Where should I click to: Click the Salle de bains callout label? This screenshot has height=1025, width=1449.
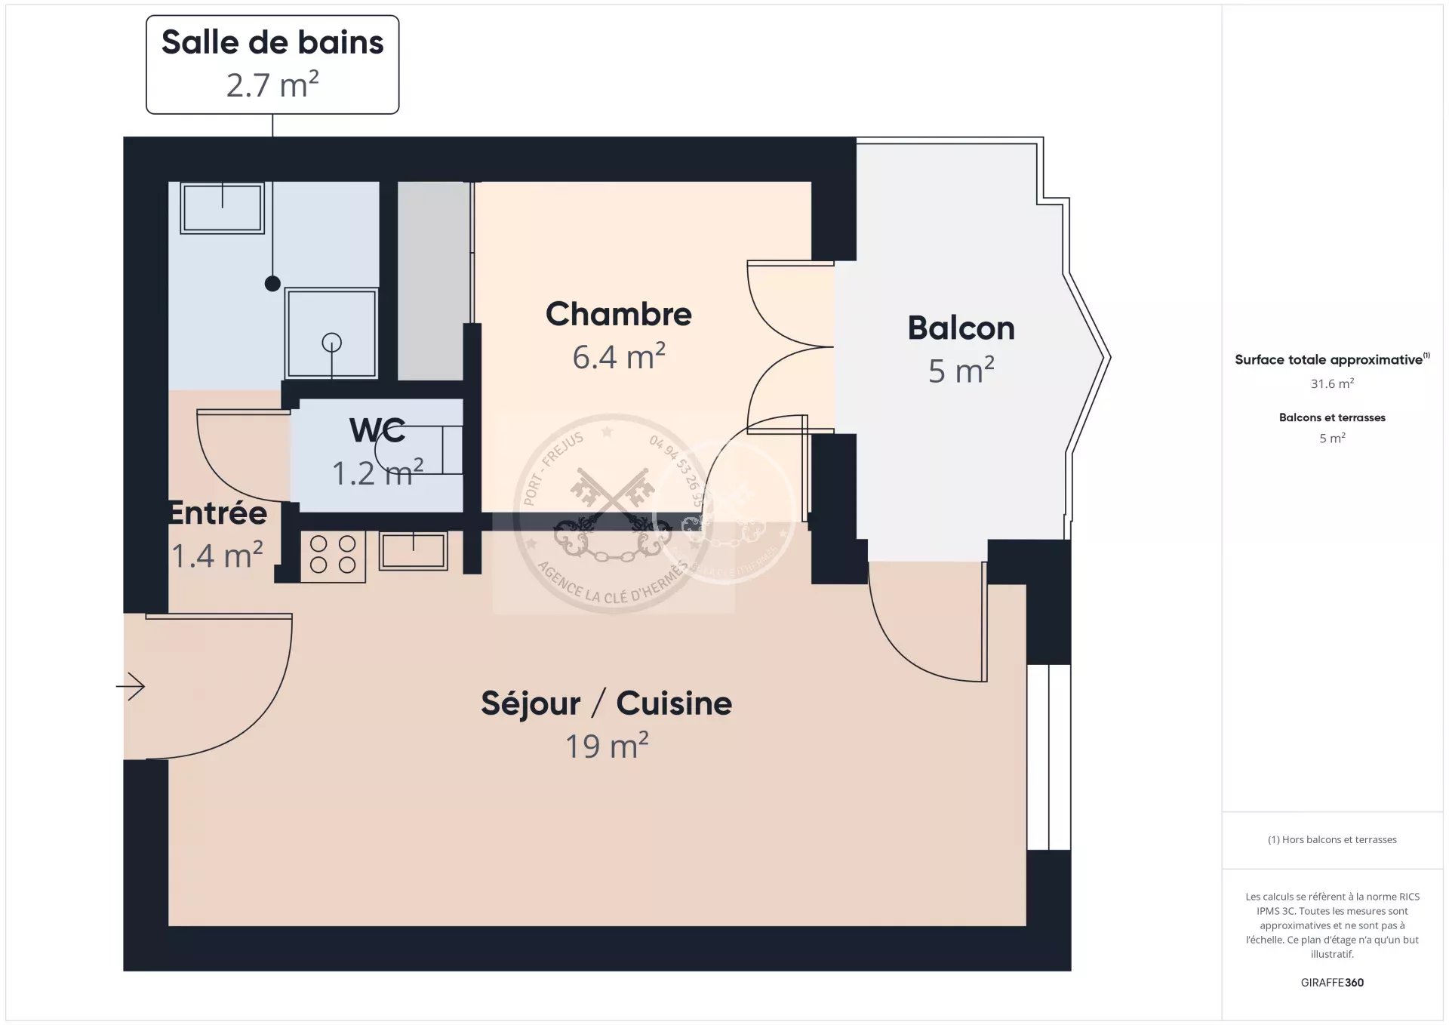[x=272, y=64]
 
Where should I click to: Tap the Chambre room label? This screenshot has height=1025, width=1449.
[x=618, y=314]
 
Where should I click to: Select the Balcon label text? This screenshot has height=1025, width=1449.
[x=961, y=328]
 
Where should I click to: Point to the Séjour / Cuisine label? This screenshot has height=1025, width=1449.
[x=606, y=703]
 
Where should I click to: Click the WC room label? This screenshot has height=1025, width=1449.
[x=377, y=430]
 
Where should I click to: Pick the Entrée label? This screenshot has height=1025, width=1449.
[x=217, y=513]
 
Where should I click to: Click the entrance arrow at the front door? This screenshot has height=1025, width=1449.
[x=130, y=686]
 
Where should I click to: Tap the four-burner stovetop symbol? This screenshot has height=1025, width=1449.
[x=333, y=556]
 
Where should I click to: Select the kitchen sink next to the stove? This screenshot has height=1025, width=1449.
[x=413, y=550]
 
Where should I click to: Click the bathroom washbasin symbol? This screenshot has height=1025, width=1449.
[x=222, y=208]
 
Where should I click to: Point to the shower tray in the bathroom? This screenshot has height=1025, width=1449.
[x=331, y=333]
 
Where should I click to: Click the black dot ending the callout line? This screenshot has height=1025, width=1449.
[x=272, y=284]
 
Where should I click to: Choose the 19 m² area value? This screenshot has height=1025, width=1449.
[x=607, y=745]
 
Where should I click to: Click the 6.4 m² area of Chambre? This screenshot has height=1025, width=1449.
[x=618, y=357]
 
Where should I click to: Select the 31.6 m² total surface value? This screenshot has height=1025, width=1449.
[x=1332, y=383]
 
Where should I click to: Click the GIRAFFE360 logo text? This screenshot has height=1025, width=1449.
[x=1332, y=982]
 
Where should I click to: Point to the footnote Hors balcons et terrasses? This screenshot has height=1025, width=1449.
[x=1332, y=839]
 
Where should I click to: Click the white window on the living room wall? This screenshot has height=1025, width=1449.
[x=1049, y=757]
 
